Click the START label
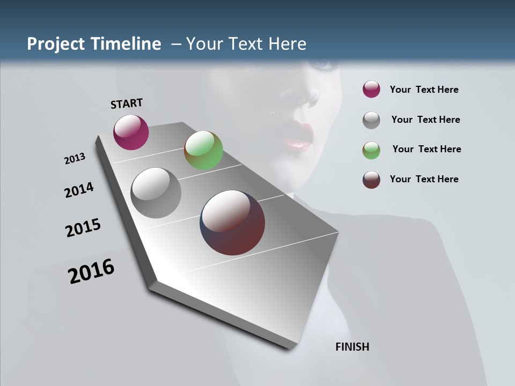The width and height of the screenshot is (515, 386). [x=127, y=103]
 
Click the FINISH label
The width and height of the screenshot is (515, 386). [x=352, y=347]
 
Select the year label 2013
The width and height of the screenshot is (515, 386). [x=75, y=159]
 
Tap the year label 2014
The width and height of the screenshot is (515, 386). [x=79, y=190]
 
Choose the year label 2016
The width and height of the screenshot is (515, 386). [x=91, y=271]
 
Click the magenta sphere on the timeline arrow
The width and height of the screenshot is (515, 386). [x=131, y=132]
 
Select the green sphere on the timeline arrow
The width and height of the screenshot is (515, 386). [x=203, y=150]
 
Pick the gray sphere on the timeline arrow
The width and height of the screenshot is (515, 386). [x=156, y=193]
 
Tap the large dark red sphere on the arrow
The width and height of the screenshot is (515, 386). [x=232, y=222]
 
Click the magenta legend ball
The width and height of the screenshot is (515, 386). [x=371, y=90]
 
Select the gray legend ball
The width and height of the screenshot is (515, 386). [x=371, y=120]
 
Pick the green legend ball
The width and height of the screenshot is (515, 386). [x=371, y=150]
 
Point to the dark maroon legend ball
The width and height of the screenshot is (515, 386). [x=371, y=180]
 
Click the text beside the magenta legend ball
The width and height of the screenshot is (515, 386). [x=424, y=90]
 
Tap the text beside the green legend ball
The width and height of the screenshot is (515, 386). [x=426, y=149]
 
